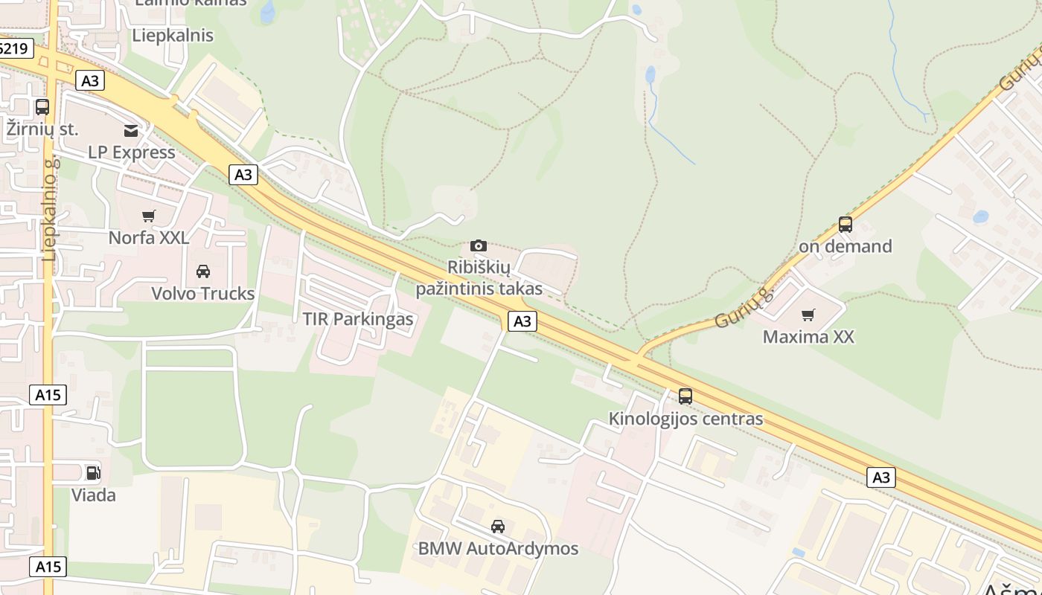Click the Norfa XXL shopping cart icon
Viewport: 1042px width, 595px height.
[x=149, y=216]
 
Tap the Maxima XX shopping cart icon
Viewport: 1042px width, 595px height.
[x=808, y=315]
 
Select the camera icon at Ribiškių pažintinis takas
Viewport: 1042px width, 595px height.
[x=479, y=245]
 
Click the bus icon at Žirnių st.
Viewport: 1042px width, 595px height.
[x=42, y=107]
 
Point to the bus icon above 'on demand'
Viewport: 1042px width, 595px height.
[x=845, y=225]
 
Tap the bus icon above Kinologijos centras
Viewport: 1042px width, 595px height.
[x=685, y=396]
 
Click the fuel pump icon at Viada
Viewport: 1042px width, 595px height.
[x=93, y=473]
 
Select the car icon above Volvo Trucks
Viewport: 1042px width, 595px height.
[x=203, y=271]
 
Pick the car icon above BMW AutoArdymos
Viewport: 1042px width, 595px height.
[x=498, y=527]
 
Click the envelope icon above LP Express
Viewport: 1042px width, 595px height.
[x=131, y=131]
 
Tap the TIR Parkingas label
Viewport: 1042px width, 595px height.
[x=357, y=319]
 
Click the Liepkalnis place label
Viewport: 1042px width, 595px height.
[x=173, y=35]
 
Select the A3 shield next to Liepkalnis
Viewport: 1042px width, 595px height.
[x=89, y=80]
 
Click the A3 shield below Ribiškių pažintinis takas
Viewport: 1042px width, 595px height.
[x=522, y=321]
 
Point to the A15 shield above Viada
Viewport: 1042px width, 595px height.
[x=48, y=395]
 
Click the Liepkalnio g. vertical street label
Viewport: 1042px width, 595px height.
[x=50, y=208]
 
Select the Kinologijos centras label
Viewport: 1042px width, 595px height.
[x=685, y=419]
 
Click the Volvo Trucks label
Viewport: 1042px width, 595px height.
[x=203, y=294]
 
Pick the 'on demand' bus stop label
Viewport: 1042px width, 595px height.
[x=845, y=246]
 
